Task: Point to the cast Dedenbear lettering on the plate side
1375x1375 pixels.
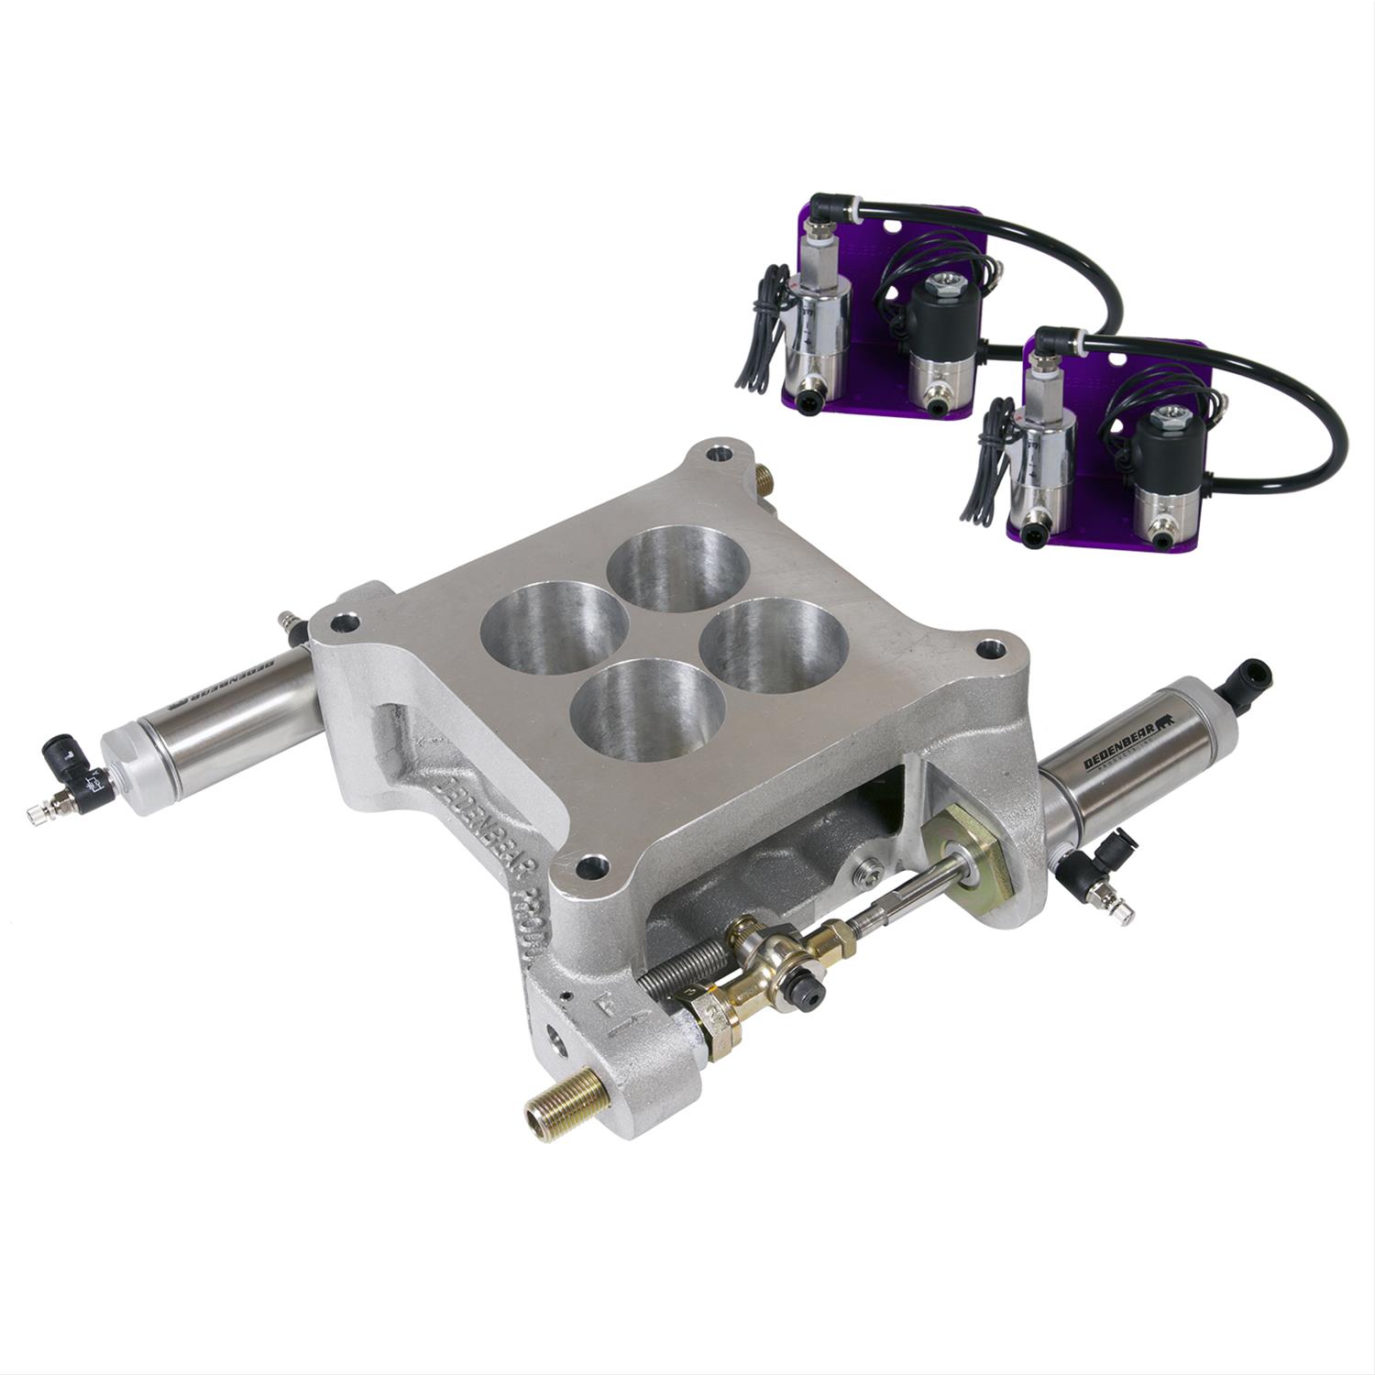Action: tap(495, 825)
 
